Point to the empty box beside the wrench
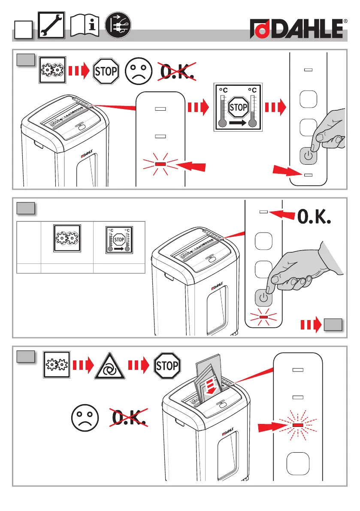coord(22,31)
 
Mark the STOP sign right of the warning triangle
coord(167,366)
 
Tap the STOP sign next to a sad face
coord(106,71)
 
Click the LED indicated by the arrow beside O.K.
coord(264,212)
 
